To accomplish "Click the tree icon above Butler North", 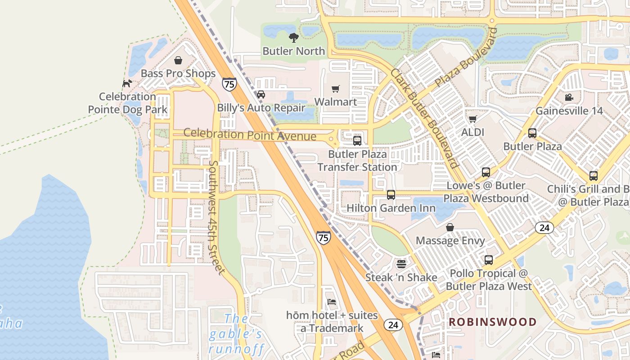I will pos(294,37).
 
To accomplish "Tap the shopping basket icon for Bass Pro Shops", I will pos(178,60).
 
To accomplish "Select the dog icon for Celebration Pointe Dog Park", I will pos(127,83).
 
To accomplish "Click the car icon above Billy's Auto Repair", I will pos(261,94).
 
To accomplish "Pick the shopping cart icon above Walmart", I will pos(335,89).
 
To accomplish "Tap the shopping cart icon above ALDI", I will pos(472,119).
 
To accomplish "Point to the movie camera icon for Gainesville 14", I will pos(569,98).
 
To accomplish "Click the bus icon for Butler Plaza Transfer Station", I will pos(357,140).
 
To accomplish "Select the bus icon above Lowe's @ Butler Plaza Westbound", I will pos(486,172).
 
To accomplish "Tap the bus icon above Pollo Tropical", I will pos(488,260).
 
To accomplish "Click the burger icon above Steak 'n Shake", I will pos(401,264).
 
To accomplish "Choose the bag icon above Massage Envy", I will pos(450,227).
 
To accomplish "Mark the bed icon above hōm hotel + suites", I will pos(332,301).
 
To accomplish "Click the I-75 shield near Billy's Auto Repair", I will pos(229,84).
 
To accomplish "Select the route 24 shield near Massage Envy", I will pos(544,228).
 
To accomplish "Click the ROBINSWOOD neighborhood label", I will pos(492,322).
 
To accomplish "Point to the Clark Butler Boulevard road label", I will pos(424,118).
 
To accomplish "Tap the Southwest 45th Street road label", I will pos(216,217).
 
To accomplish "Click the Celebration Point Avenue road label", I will pos(250,134).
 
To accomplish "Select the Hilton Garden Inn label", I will pos(391,208).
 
